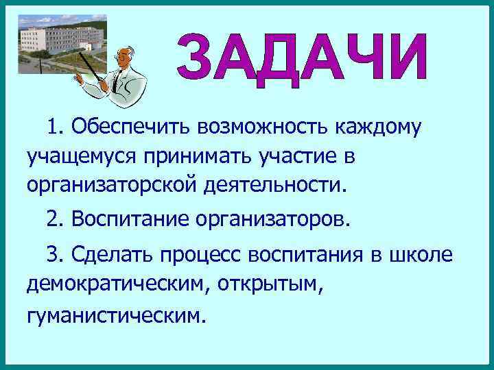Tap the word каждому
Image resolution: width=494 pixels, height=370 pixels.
[378, 127]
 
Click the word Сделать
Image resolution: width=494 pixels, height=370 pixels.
[111, 256]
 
